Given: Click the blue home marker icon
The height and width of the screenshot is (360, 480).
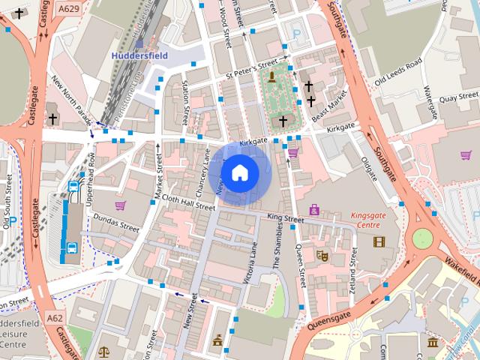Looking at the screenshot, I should pos(239,173).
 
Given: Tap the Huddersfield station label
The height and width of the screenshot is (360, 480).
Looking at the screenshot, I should pos(139,55).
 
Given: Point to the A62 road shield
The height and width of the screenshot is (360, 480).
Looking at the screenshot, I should pos(55,318).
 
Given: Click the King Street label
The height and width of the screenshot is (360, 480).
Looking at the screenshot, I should pos(285,219).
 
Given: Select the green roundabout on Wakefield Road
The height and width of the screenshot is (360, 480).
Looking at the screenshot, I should pos(422,238).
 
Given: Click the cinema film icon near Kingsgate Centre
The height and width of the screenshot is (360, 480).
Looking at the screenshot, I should pos(378,241).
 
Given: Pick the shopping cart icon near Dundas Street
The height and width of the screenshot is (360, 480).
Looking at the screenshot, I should pos(118,204).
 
